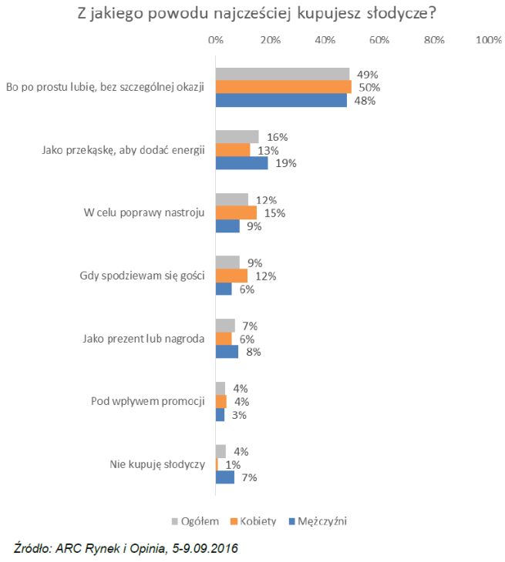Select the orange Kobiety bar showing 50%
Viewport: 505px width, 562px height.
pyautogui.click(x=283, y=87)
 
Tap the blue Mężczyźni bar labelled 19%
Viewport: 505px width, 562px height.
pyautogui.click(x=241, y=163)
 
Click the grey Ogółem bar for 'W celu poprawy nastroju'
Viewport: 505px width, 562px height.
pyautogui.click(x=231, y=199)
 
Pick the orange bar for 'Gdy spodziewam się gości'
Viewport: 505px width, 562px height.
pyautogui.click(x=231, y=275)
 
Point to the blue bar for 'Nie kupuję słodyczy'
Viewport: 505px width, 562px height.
pyautogui.click(x=224, y=477)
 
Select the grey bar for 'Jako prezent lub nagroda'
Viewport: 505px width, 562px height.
pyautogui.click(x=225, y=326)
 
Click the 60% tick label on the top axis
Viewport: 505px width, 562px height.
pyautogui.click(x=379, y=40)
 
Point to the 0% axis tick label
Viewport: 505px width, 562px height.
pyautogui.click(x=216, y=40)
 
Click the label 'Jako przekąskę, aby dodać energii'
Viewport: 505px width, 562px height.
pyautogui.click(x=123, y=150)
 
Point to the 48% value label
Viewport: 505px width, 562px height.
pyautogui.click(x=365, y=101)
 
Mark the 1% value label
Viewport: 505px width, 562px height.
pyautogui.click(x=232, y=464)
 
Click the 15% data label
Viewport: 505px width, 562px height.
pyautogui.click(x=274, y=213)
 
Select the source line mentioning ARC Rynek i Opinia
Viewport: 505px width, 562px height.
pyautogui.click(x=126, y=548)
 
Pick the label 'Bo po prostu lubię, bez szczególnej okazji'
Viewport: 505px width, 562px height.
pyautogui.click(x=105, y=86)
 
